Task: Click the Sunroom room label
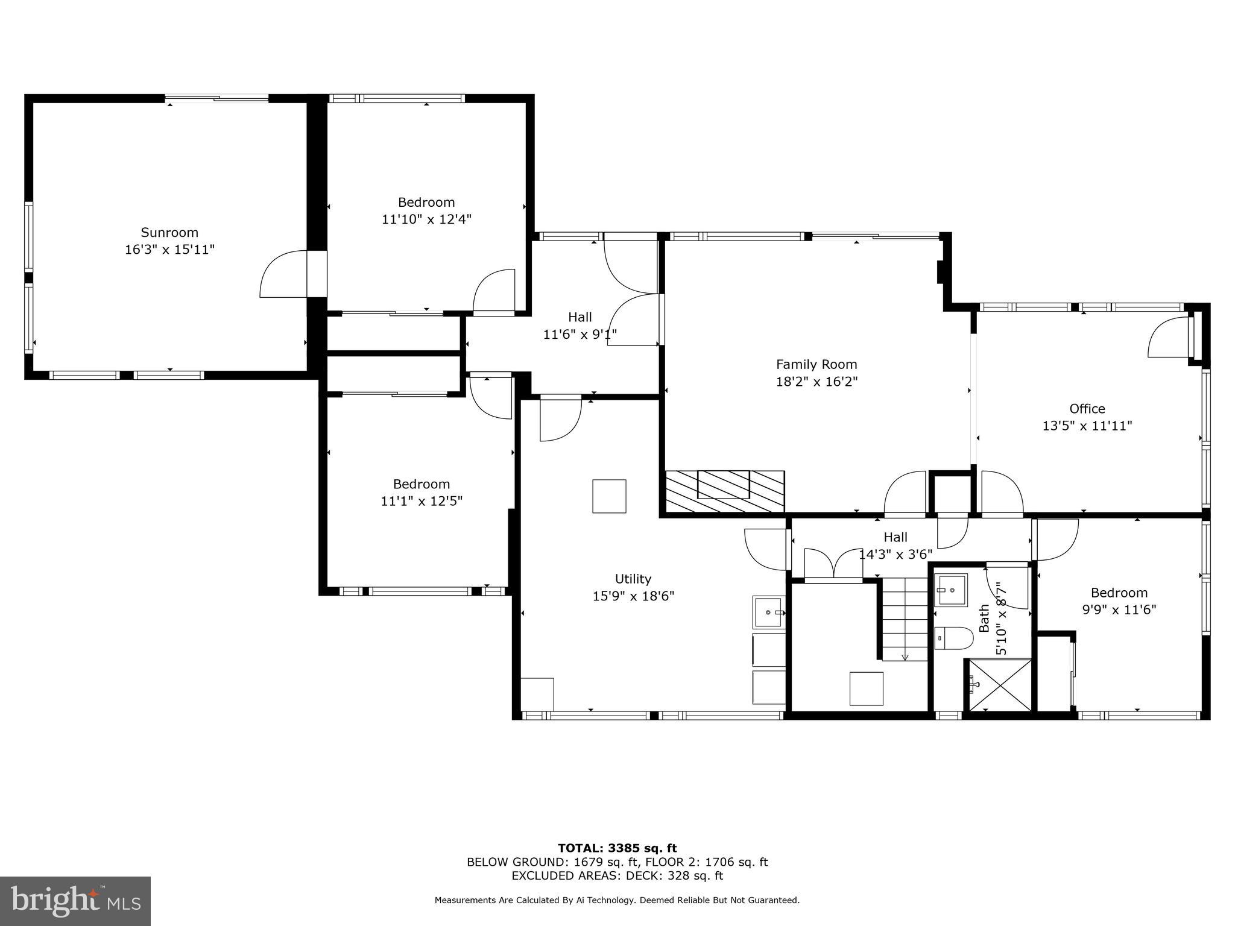point(169,232)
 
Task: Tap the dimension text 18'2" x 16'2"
point(816,382)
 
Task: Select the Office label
point(1087,409)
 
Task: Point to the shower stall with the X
point(999,685)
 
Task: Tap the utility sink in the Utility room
point(768,613)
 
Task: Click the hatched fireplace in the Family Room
point(724,491)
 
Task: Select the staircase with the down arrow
point(904,619)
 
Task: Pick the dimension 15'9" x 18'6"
point(633,596)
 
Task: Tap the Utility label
point(633,579)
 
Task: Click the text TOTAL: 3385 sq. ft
point(617,849)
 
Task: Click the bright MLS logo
point(75,901)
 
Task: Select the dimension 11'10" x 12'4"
point(426,219)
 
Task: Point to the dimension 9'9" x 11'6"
point(1119,609)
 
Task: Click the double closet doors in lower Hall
point(833,564)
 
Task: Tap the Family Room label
point(816,364)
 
